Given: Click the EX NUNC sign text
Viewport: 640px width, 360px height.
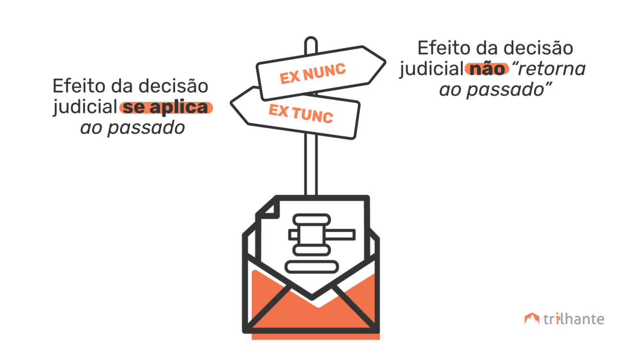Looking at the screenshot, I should [x=313, y=73].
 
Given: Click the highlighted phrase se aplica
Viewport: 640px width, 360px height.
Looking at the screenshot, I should [x=166, y=108].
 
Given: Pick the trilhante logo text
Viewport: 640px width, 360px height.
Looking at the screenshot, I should [x=574, y=319].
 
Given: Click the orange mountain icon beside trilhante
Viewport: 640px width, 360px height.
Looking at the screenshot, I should [x=532, y=319].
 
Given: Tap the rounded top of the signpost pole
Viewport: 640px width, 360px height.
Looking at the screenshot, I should [x=311, y=43].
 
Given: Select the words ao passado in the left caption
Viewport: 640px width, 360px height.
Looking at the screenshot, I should [x=132, y=128].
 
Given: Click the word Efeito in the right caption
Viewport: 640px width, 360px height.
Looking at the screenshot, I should [x=442, y=48].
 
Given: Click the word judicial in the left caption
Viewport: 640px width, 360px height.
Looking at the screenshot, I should [x=84, y=108].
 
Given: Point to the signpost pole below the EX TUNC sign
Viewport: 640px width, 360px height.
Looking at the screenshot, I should [x=311, y=166].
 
